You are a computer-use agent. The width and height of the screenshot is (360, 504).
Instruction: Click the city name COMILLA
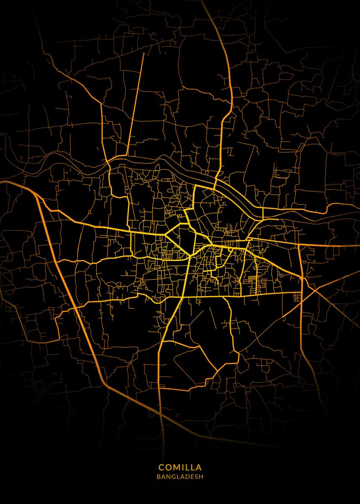[x=180, y=467]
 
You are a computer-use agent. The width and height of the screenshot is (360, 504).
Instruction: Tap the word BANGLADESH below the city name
[x=180, y=477]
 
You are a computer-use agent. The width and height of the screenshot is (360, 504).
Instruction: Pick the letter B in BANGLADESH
[x=158, y=477]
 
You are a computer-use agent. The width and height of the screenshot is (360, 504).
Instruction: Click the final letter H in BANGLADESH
[x=201, y=477]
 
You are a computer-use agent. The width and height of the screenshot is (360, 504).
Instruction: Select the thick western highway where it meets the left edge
[x=2, y=182]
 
